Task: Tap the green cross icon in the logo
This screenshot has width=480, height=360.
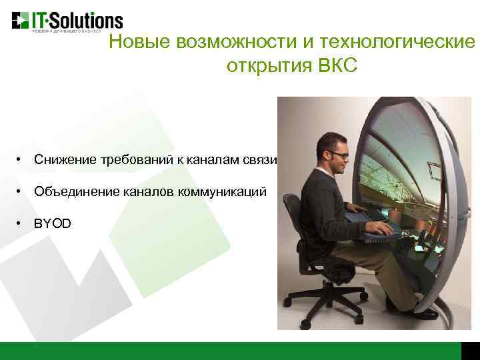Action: [20, 20]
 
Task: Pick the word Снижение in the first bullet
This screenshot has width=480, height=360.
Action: [63, 160]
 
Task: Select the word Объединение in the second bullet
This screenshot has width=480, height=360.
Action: [76, 191]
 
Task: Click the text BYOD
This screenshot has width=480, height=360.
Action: [52, 223]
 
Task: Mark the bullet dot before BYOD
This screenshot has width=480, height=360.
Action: [21, 223]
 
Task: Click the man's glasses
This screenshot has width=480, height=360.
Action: [339, 155]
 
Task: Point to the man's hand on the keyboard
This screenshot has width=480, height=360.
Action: [379, 227]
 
